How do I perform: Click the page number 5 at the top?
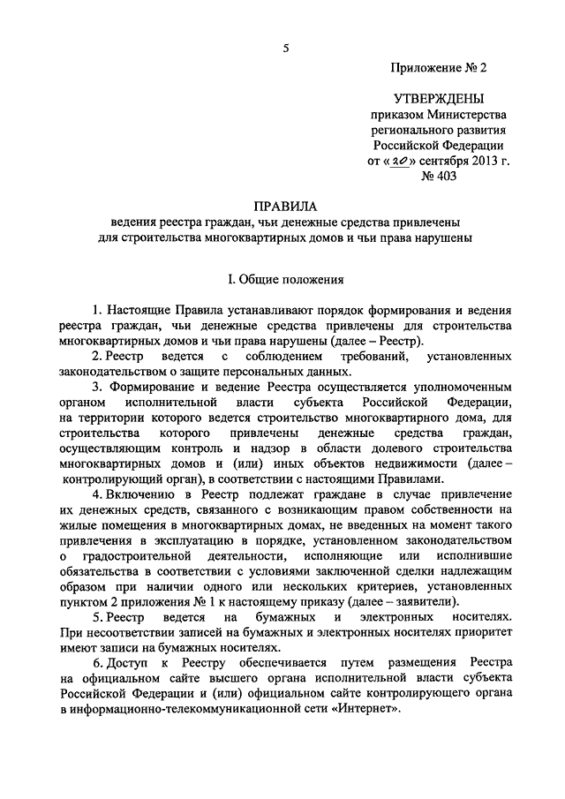point(286,49)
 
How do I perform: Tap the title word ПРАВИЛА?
point(282,206)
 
